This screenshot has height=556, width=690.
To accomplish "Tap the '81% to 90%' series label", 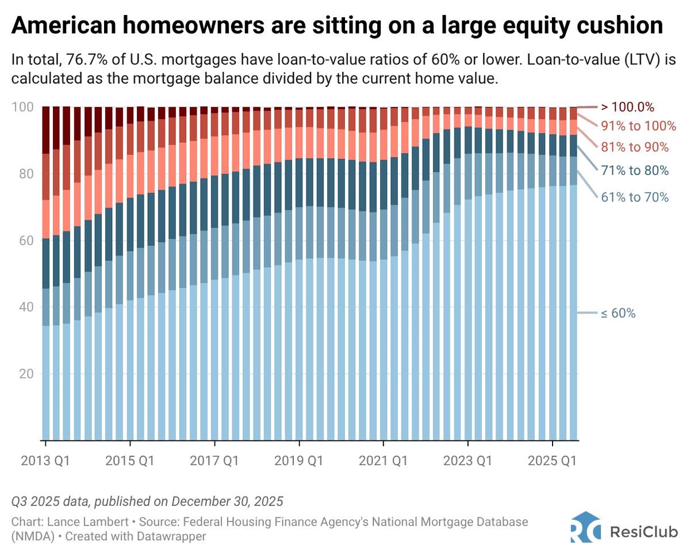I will coord(635,147).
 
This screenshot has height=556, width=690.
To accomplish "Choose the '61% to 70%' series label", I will coord(635,197).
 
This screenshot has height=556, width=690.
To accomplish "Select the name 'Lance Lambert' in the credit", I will coord(75,521).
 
